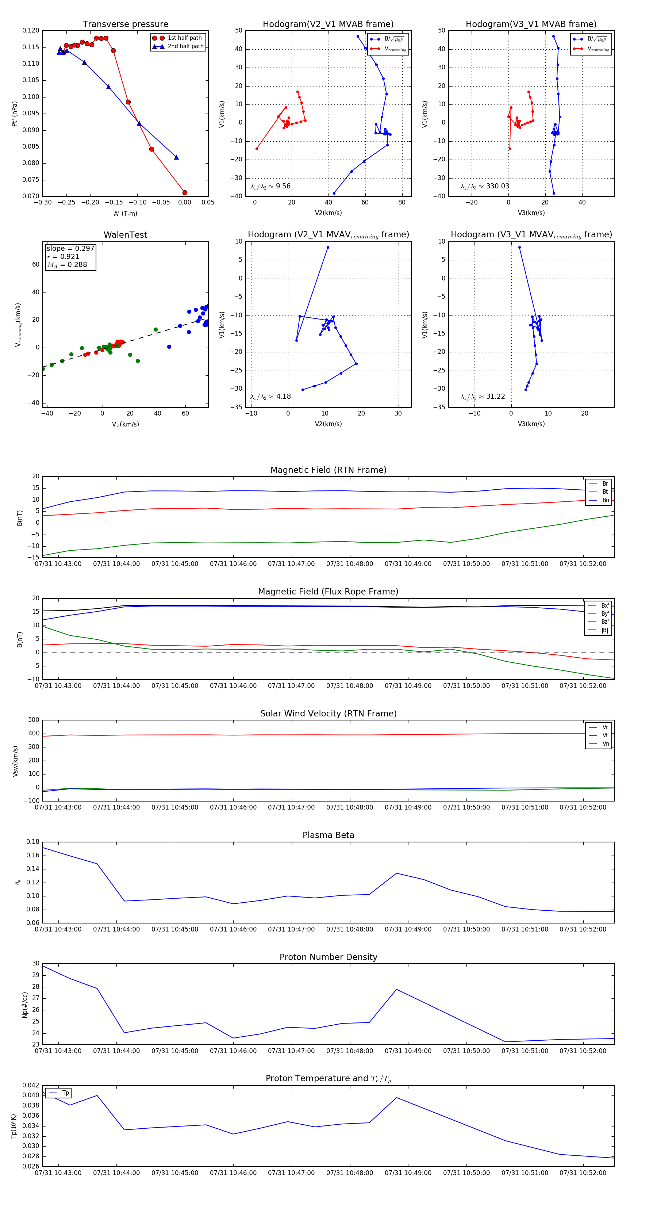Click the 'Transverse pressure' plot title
coord(125,24)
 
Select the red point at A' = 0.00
coord(185,193)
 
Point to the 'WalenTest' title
coord(125,235)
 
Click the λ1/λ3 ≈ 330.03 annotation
coord(485,186)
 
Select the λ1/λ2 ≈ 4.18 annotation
coord(270,397)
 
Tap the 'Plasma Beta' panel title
coord(328,835)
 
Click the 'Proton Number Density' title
coord(328,957)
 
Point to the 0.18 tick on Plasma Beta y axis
coord(33,842)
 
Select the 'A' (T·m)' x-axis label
coord(125,214)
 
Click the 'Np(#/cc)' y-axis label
coord(25,1004)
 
